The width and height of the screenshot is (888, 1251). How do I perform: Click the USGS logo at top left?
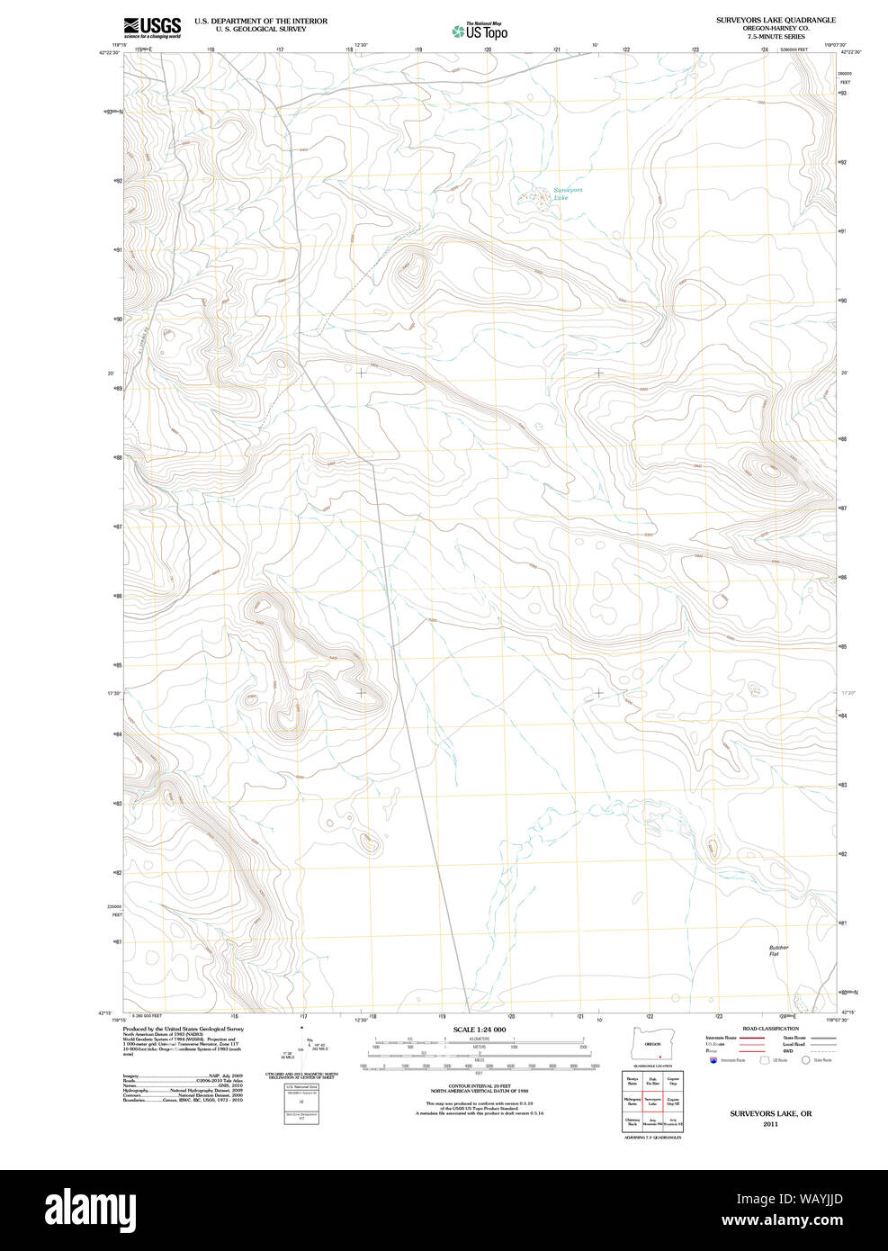152,27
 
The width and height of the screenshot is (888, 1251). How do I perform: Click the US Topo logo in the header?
480,31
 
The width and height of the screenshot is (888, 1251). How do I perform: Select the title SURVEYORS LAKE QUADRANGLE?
775,20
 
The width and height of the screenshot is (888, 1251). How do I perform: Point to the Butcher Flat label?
778,950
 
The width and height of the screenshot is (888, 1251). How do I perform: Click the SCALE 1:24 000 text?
479,1030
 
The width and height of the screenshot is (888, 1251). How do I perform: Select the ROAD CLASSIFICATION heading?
769,1029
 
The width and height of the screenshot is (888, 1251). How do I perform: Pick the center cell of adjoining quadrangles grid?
653,1100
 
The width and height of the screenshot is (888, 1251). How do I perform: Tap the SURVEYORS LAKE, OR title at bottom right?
770,1113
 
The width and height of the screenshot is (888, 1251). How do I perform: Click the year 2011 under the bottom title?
770,1124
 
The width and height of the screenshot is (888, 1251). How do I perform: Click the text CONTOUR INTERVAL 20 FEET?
479,1086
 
